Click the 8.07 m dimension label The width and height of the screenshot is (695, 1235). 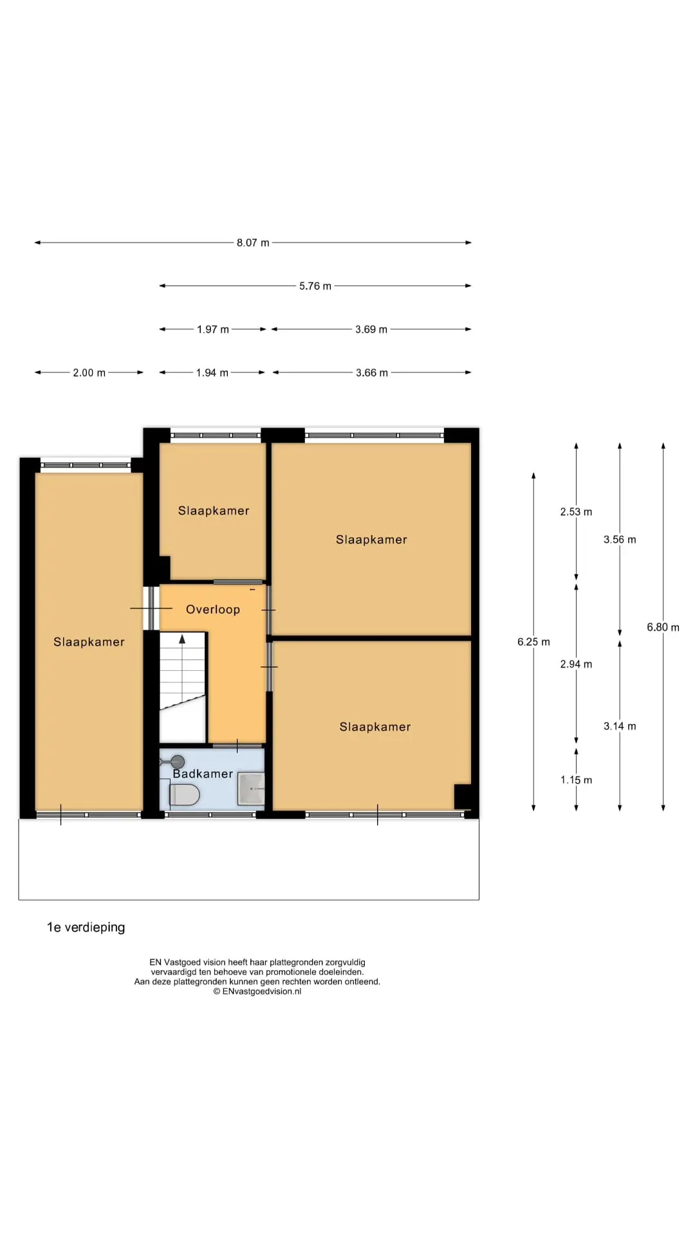click(253, 242)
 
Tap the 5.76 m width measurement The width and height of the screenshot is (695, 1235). click(315, 286)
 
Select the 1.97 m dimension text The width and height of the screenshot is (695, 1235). click(213, 329)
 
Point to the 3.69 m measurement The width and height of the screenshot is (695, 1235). click(371, 329)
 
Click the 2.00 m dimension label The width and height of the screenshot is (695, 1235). click(89, 372)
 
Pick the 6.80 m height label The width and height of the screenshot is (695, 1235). click(663, 627)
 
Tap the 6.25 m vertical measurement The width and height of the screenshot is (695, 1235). click(533, 642)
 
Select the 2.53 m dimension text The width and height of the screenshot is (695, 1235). click(576, 512)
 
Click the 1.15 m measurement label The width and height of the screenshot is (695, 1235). click(576, 780)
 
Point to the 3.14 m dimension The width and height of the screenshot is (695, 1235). click(620, 726)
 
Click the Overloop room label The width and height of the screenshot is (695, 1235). click(213, 609)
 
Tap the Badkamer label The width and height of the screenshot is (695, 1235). click(203, 774)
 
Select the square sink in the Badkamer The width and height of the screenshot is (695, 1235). click(251, 789)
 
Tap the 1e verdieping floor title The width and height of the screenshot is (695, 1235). click(86, 928)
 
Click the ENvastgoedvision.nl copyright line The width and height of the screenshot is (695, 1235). click(257, 991)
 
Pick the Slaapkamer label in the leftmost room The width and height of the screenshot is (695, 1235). click(89, 642)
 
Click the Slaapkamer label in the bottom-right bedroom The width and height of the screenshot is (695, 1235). click(375, 727)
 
